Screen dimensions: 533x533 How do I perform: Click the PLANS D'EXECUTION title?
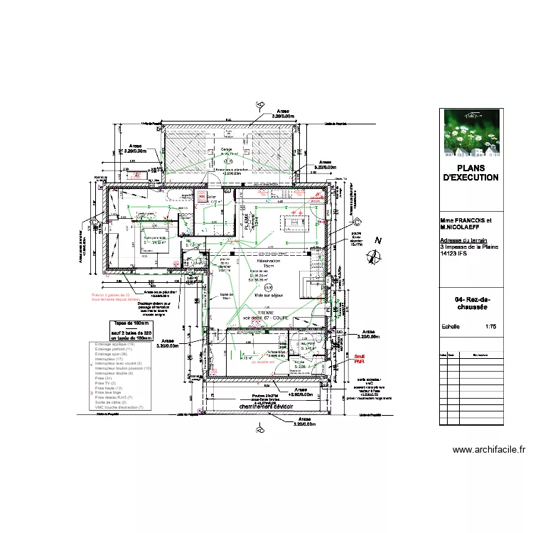tap(470, 173)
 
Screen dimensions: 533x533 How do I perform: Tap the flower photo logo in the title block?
tap(470, 132)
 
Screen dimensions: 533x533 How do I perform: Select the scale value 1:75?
tap(490, 328)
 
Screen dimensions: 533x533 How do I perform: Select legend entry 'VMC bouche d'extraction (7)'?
tap(119, 407)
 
